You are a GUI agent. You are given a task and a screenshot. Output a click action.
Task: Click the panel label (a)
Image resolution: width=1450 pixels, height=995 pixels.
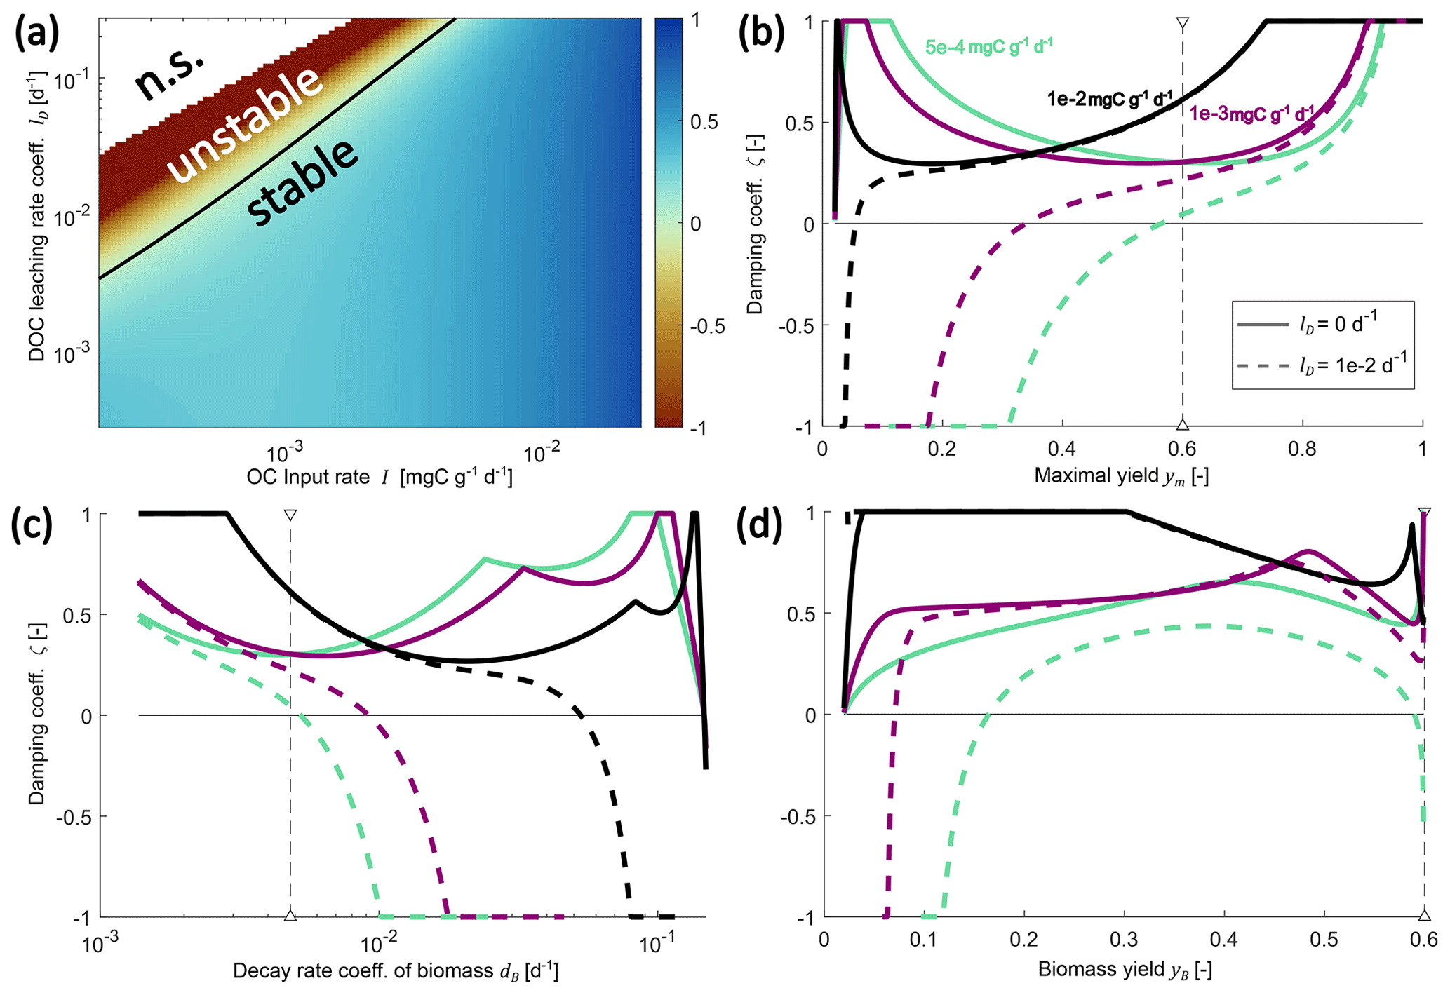45,35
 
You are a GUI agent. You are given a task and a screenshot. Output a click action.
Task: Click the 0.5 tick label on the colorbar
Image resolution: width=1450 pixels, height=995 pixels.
704,122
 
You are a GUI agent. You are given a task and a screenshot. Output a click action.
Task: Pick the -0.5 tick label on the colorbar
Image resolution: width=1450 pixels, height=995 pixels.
706,327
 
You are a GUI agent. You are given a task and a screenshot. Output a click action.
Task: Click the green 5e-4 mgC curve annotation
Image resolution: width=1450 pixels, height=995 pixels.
988,48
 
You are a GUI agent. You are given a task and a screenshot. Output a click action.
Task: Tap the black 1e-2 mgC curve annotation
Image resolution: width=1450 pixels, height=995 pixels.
1109,99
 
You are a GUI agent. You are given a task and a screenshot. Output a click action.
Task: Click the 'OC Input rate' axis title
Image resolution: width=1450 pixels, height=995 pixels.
380,478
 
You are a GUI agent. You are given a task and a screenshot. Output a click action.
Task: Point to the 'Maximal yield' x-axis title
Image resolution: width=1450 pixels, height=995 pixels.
1121,476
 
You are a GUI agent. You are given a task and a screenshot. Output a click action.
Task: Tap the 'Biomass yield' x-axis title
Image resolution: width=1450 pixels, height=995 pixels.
1125,970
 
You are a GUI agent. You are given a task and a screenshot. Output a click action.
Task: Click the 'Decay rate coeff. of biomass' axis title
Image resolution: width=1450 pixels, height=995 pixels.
396,971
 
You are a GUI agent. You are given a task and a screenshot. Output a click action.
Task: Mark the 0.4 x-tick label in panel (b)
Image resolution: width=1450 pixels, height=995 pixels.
1062,449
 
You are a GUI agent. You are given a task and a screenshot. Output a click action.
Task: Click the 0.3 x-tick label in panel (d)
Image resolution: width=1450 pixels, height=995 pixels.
1124,940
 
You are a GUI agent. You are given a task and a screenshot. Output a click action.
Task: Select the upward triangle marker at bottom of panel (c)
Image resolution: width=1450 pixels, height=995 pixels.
290,915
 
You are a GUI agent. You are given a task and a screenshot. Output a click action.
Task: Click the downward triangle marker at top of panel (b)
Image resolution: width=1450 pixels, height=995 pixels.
1183,25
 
